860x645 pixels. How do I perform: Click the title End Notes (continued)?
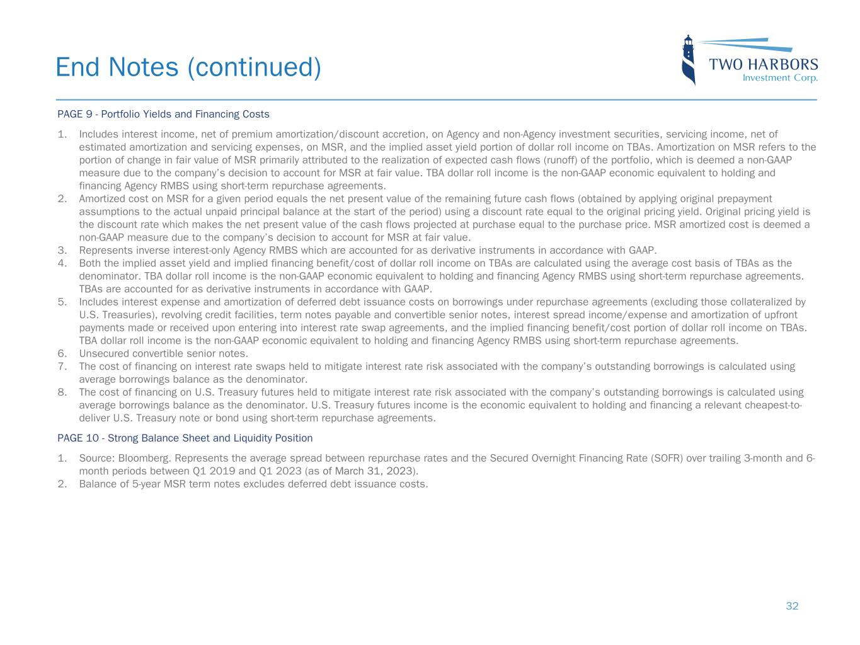(x=188, y=67)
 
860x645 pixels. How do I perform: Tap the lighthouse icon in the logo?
(x=689, y=60)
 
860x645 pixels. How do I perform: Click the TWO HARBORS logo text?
(x=764, y=64)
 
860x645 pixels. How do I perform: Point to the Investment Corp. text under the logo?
(x=780, y=78)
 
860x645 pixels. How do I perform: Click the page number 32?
(x=792, y=606)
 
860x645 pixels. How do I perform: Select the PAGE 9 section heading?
(x=163, y=114)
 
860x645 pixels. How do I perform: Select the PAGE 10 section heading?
(x=185, y=438)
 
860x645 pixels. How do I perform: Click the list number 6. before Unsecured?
(x=62, y=353)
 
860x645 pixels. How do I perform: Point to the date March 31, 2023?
(x=375, y=471)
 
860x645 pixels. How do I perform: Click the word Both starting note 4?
(x=89, y=263)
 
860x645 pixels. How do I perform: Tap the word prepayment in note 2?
(x=744, y=198)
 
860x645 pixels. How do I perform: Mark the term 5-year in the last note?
(x=143, y=484)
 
